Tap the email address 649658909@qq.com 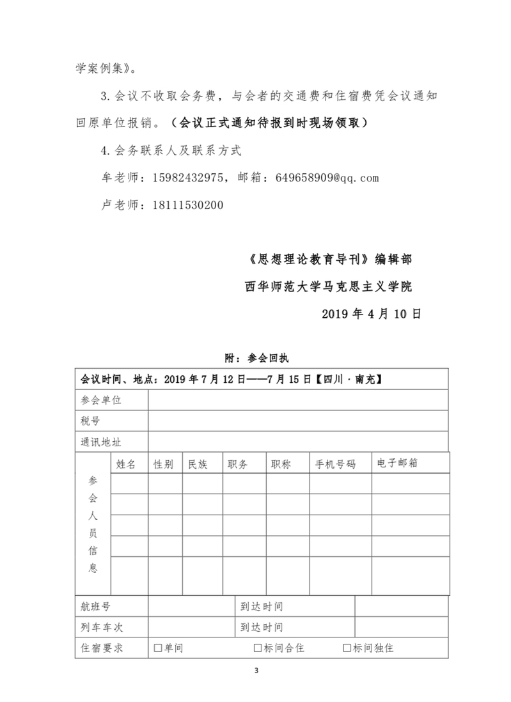tap(327, 178)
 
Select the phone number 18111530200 tap(188, 205)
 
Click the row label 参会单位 tap(101, 400)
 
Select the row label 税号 tap(90, 421)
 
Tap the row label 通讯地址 tap(101, 442)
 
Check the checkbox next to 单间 tap(158, 648)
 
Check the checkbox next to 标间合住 tap(258, 648)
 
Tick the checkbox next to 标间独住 tap(347, 648)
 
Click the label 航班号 tap(95, 606)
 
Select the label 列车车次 tap(101, 627)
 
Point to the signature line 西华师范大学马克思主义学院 tap(328, 286)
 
